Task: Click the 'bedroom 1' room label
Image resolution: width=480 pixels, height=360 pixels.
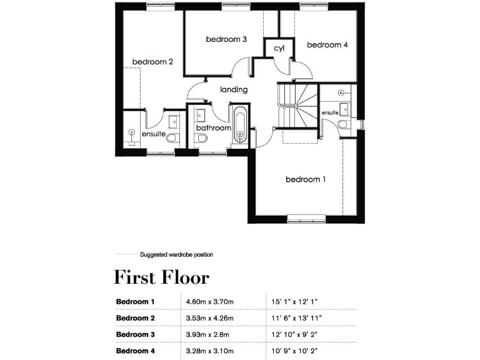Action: click(x=306, y=179)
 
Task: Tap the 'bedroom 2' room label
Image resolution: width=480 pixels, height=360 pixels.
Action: click(x=152, y=62)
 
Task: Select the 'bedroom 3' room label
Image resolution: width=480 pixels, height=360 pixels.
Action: click(x=226, y=39)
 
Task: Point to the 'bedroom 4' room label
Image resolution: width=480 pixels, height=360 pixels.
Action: click(x=327, y=45)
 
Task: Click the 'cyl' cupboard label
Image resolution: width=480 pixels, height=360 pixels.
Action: click(x=279, y=49)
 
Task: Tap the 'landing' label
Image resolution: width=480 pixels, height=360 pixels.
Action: click(x=234, y=89)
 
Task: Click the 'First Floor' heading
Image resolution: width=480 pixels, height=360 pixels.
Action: click(x=161, y=277)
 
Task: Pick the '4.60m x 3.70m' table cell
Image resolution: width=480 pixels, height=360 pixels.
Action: click(x=209, y=302)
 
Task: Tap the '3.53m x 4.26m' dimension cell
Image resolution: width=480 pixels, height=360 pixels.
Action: click(x=209, y=318)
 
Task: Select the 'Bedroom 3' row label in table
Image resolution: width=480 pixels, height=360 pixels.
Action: click(x=136, y=334)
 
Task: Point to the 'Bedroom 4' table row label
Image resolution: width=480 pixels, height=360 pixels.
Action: click(x=136, y=351)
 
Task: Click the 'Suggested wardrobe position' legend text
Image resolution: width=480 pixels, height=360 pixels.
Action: click(x=176, y=254)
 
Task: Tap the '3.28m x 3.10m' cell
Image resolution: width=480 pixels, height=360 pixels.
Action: click(x=209, y=351)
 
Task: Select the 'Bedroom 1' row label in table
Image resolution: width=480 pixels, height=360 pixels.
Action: click(x=136, y=302)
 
